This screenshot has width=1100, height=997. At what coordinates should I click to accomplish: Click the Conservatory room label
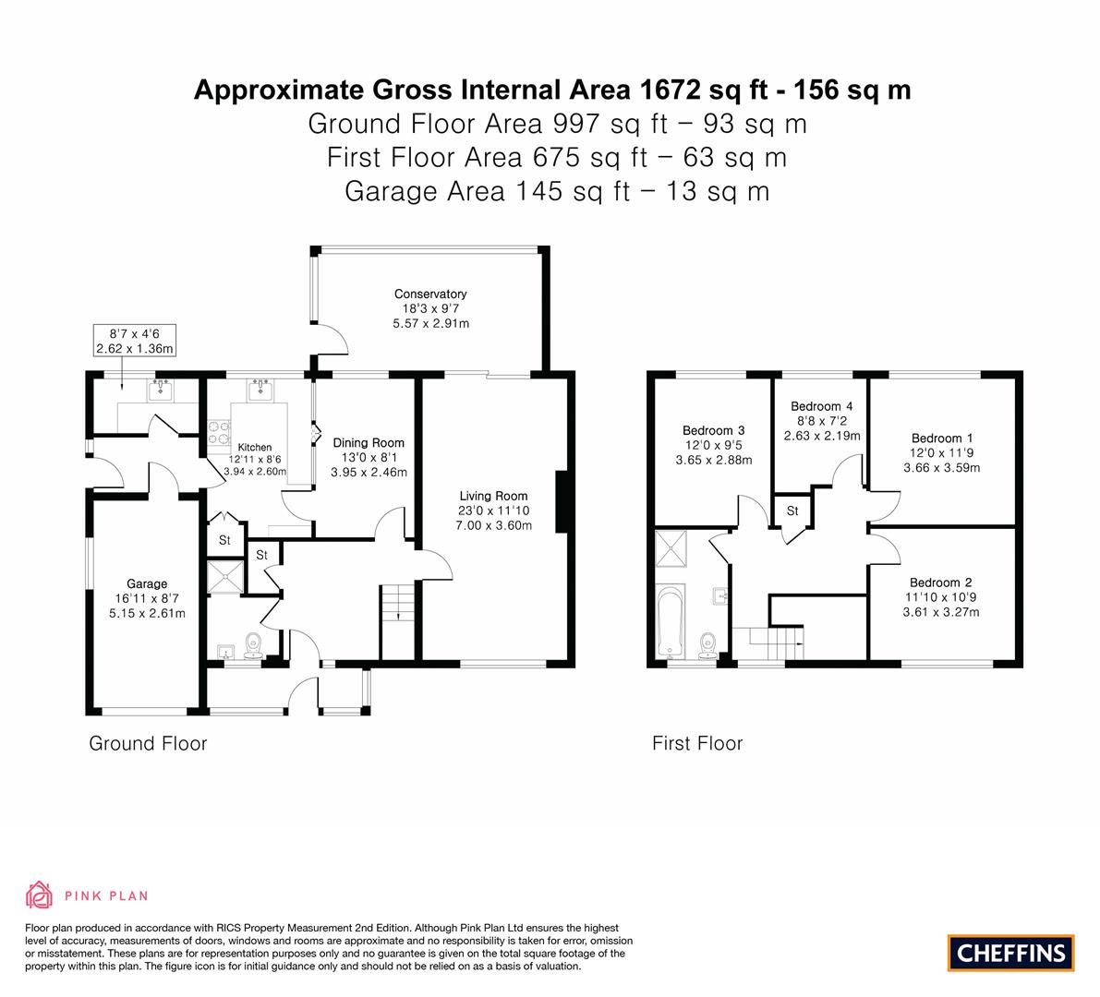pyautogui.click(x=430, y=294)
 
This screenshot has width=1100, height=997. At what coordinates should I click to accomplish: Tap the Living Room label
pyautogui.click(x=493, y=496)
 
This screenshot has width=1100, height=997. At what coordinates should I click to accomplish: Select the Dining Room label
pyautogui.click(x=369, y=442)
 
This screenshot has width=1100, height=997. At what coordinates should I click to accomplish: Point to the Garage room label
pyautogui.click(x=147, y=583)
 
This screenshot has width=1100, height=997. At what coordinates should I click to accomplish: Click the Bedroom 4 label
pyautogui.click(x=821, y=406)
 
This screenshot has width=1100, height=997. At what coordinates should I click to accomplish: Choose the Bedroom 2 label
pyautogui.click(x=941, y=582)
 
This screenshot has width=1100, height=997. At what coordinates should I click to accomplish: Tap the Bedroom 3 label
pyautogui.click(x=713, y=430)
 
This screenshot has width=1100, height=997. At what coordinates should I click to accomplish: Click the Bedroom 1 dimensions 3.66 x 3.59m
pyautogui.click(x=941, y=468)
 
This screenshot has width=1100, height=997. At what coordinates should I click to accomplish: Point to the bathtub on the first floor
pyautogui.click(x=671, y=622)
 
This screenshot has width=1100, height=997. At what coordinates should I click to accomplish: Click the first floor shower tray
pyautogui.click(x=671, y=548)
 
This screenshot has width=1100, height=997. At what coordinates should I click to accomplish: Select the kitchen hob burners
pyautogui.click(x=218, y=432)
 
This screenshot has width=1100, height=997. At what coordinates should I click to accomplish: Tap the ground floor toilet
pyautogui.click(x=252, y=645)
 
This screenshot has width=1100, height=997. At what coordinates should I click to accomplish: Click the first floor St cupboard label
pyautogui.click(x=792, y=511)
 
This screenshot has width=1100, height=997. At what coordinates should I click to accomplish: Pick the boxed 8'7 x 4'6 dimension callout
pyautogui.click(x=134, y=341)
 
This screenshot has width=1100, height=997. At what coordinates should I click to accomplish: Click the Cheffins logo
pyautogui.click(x=1011, y=953)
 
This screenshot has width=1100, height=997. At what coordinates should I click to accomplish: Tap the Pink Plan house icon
pyautogui.click(x=40, y=895)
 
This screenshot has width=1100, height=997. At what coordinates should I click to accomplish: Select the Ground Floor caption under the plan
pyautogui.click(x=148, y=743)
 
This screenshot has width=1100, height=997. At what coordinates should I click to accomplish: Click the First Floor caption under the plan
pyautogui.click(x=697, y=743)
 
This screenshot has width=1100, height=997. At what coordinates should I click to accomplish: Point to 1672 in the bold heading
pyautogui.click(x=670, y=90)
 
